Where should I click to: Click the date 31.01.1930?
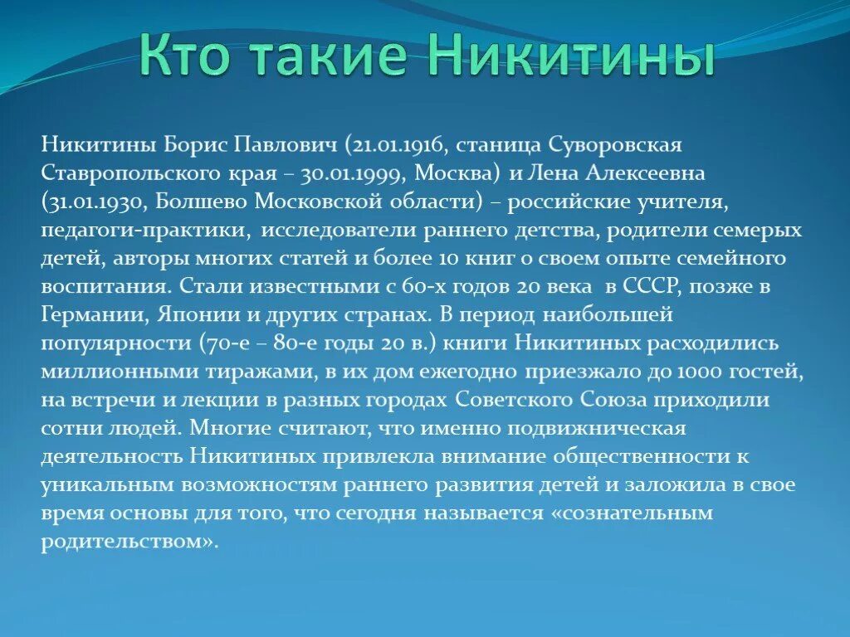point(90,202)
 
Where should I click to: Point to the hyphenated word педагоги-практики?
point(143,230)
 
